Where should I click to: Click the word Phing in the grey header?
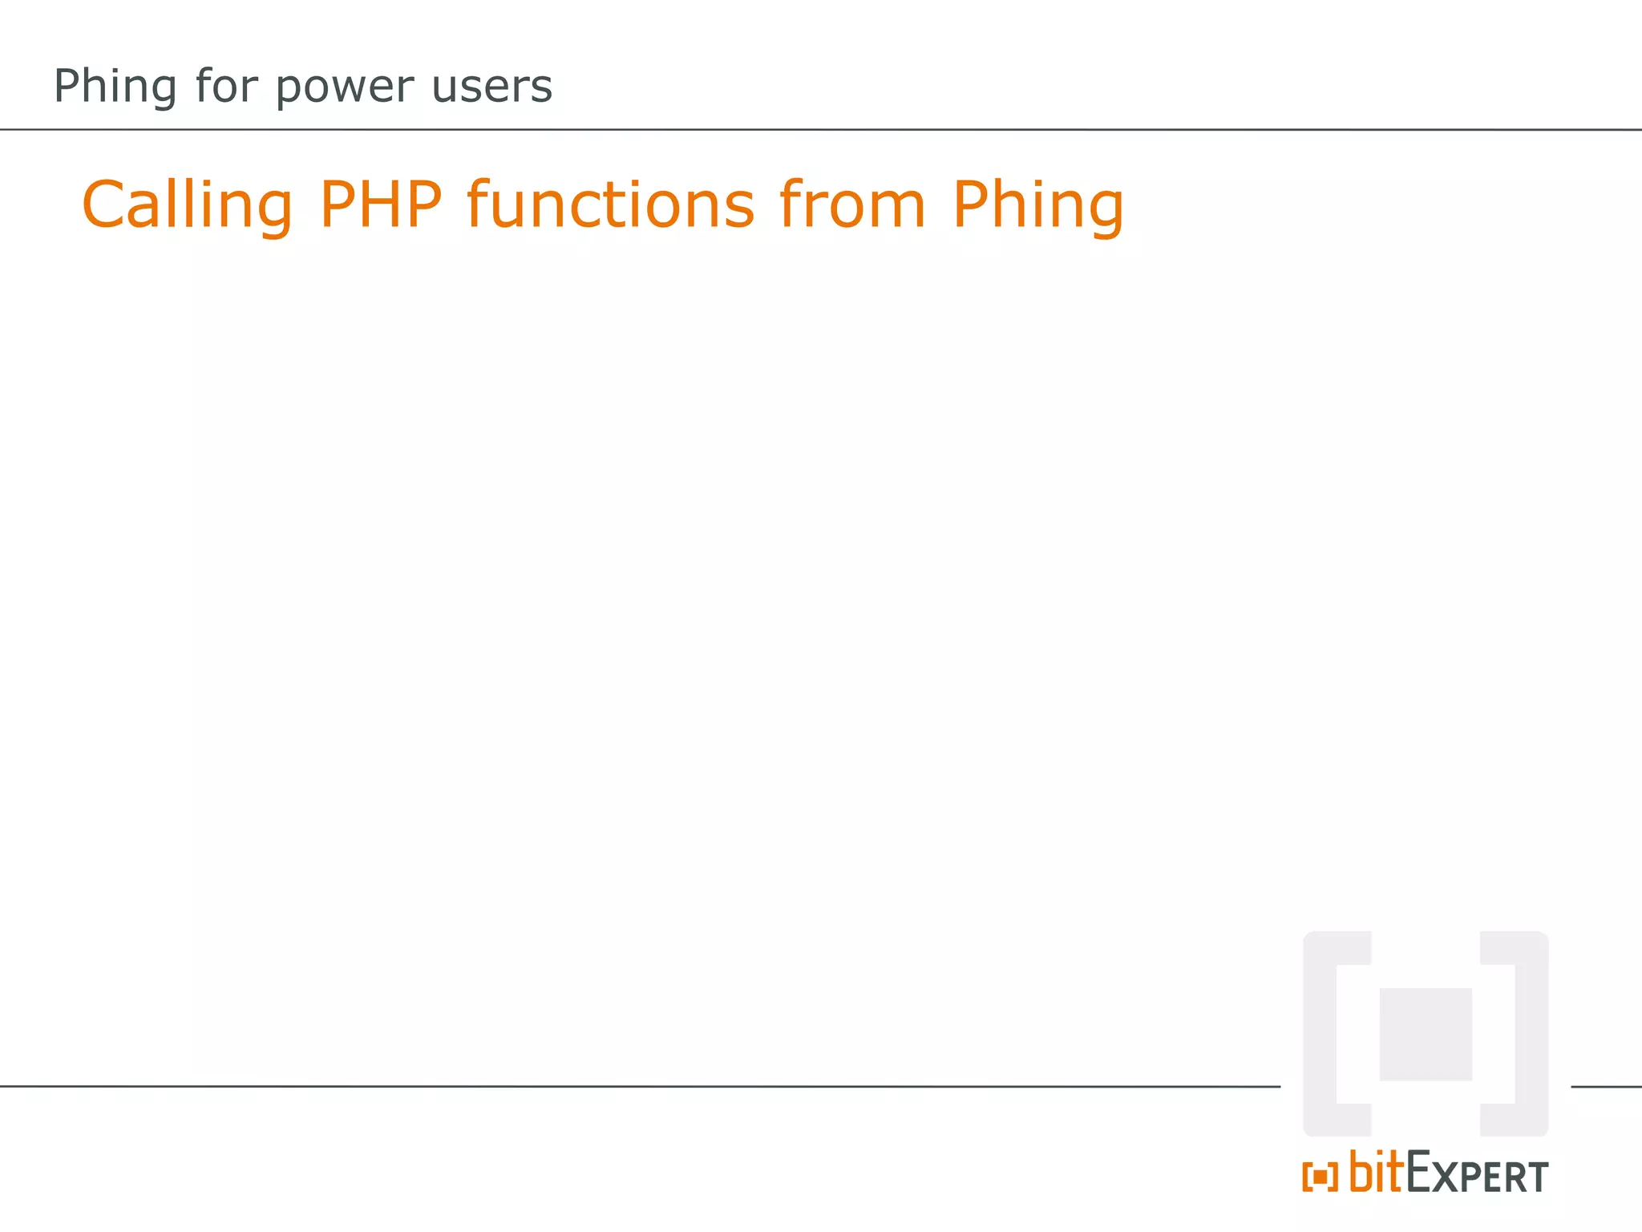click(x=114, y=87)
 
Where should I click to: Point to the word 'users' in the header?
click(x=491, y=87)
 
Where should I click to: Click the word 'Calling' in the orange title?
click(x=188, y=205)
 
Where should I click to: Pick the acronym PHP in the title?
click(x=381, y=205)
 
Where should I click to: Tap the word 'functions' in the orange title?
click(x=611, y=205)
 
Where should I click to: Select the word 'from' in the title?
click(x=852, y=205)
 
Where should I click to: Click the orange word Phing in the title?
click(x=1038, y=206)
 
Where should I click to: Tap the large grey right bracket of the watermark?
click(x=1531, y=1034)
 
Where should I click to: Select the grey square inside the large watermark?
click(x=1426, y=1034)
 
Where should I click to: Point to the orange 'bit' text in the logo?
click(x=1377, y=1172)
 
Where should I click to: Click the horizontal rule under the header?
click(x=821, y=129)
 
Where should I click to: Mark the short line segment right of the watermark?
click(x=1606, y=1087)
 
